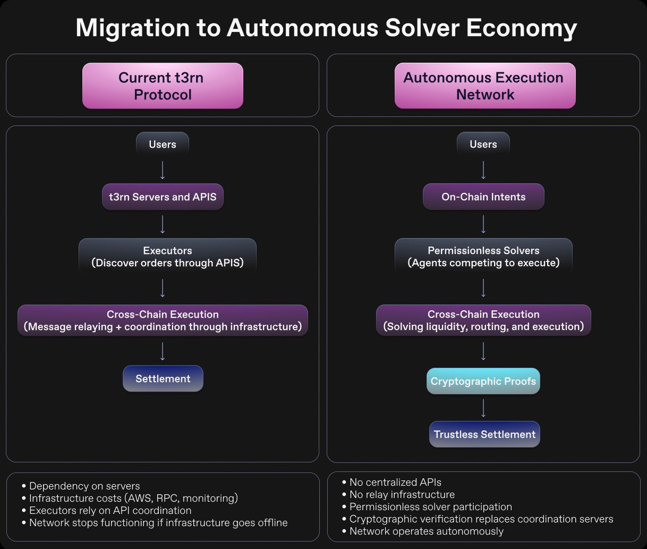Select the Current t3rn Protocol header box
[x=163, y=86]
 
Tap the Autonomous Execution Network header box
[x=485, y=86]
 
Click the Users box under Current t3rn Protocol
[x=163, y=144]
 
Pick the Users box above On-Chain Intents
[x=483, y=144]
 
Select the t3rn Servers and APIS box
[x=163, y=197]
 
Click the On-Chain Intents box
[x=483, y=197]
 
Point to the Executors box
[x=167, y=257]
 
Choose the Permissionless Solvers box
[x=483, y=257]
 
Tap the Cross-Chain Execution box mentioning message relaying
[x=163, y=320]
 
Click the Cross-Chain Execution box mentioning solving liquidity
[x=483, y=320]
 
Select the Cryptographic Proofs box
[x=483, y=382]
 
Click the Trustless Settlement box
[x=484, y=434]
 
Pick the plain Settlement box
[x=163, y=379]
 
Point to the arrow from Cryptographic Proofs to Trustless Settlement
[x=483, y=408]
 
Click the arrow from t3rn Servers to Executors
[x=163, y=224]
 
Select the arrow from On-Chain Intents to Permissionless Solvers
[x=483, y=224]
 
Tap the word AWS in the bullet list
[x=138, y=499]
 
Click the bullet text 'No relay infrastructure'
[x=402, y=495]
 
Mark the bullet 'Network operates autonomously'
[x=426, y=531]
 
